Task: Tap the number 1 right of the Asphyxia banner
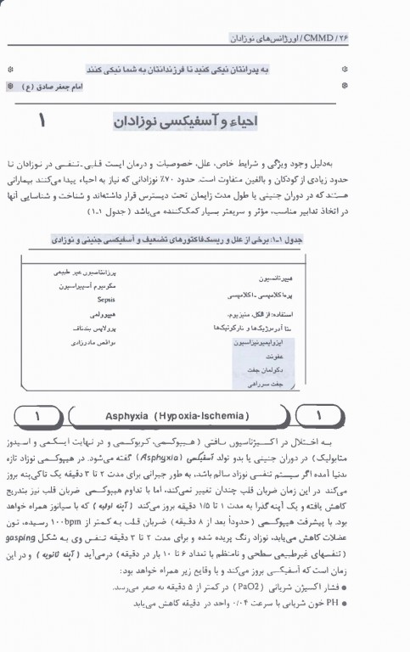[321, 417]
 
